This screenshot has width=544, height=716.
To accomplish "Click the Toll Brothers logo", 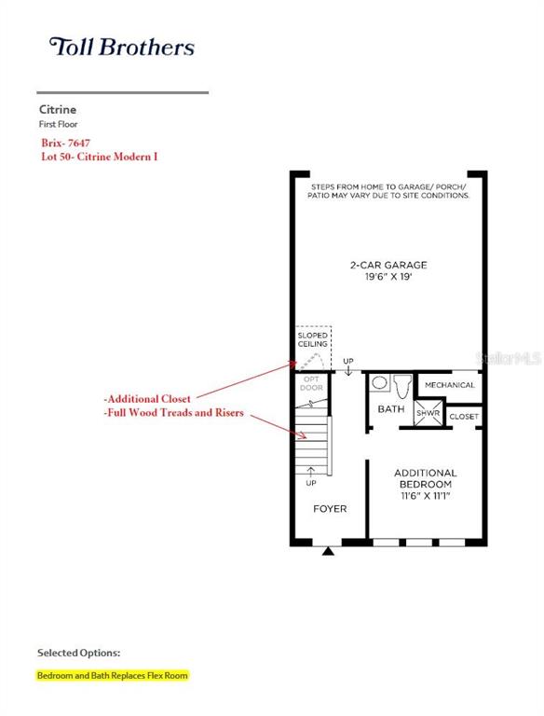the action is click(x=122, y=47).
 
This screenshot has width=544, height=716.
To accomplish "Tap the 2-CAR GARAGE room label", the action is click(x=388, y=265).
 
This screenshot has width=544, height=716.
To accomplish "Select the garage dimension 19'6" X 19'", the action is click(x=388, y=276).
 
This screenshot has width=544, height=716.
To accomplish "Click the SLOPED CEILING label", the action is click(x=313, y=339).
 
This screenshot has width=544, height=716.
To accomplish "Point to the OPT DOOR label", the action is click(x=312, y=383).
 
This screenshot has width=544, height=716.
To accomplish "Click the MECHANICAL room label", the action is click(x=450, y=385).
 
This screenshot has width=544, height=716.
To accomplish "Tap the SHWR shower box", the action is click(x=428, y=413).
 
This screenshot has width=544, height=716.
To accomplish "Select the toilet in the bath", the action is click(x=402, y=387).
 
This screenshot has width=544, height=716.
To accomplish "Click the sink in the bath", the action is click(x=380, y=382).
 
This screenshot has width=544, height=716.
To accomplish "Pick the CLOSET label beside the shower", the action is click(x=464, y=417).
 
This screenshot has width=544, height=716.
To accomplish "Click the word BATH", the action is click(x=391, y=408).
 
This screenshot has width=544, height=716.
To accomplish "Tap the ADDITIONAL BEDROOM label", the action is click(x=426, y=478).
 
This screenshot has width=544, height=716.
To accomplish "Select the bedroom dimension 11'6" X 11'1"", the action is click(x=426, y=495).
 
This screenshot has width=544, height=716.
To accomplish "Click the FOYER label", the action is click(x=330, y=509).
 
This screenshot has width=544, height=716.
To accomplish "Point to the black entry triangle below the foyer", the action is click(x=328, y=551).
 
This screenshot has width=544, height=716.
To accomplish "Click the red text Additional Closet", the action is click(x=147, y=399).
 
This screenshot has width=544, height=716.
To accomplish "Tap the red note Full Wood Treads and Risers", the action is click(x=174, y=412).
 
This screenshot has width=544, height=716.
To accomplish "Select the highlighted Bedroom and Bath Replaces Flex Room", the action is click(x=113, y=675).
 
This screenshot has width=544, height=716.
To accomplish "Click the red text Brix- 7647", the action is click(x=66, y=143).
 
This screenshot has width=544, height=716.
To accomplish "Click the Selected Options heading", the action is click(x=79, y=653).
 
